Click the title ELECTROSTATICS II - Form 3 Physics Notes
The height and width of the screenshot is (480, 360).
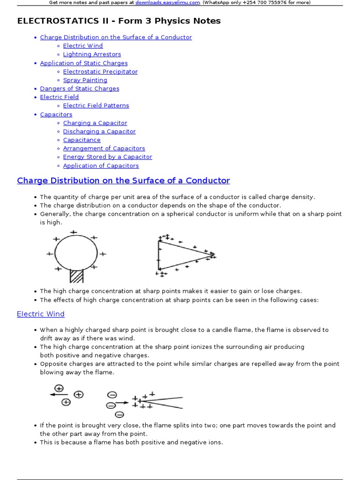tap(119, 21)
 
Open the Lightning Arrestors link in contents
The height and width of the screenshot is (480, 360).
tap(92, 54)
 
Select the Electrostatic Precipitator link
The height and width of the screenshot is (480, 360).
tap(100, 72)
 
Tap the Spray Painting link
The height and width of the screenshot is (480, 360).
tap(85, 80)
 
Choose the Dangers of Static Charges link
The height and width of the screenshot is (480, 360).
tap(79, 89)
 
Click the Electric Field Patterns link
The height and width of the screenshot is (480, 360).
tap(96, 105)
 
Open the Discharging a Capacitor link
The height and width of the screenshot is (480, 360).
tap(99, 131)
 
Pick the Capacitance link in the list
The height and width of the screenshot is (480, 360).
tap(82, 140)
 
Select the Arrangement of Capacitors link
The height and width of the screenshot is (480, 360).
tap(104, 148)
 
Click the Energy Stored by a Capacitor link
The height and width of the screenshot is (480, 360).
tap(107, 157)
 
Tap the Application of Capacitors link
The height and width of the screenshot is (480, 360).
tap(101, 165)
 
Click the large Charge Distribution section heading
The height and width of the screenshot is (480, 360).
tap(123, 180)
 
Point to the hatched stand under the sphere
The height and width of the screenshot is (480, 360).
tap(76, 275)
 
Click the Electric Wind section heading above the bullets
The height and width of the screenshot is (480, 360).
tap(41, 314)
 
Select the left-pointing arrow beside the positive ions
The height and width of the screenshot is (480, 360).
tap(59, 395)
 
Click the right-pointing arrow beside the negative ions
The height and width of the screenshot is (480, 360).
tap(122, 402)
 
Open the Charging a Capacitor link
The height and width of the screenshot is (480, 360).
tap(95, 123)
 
